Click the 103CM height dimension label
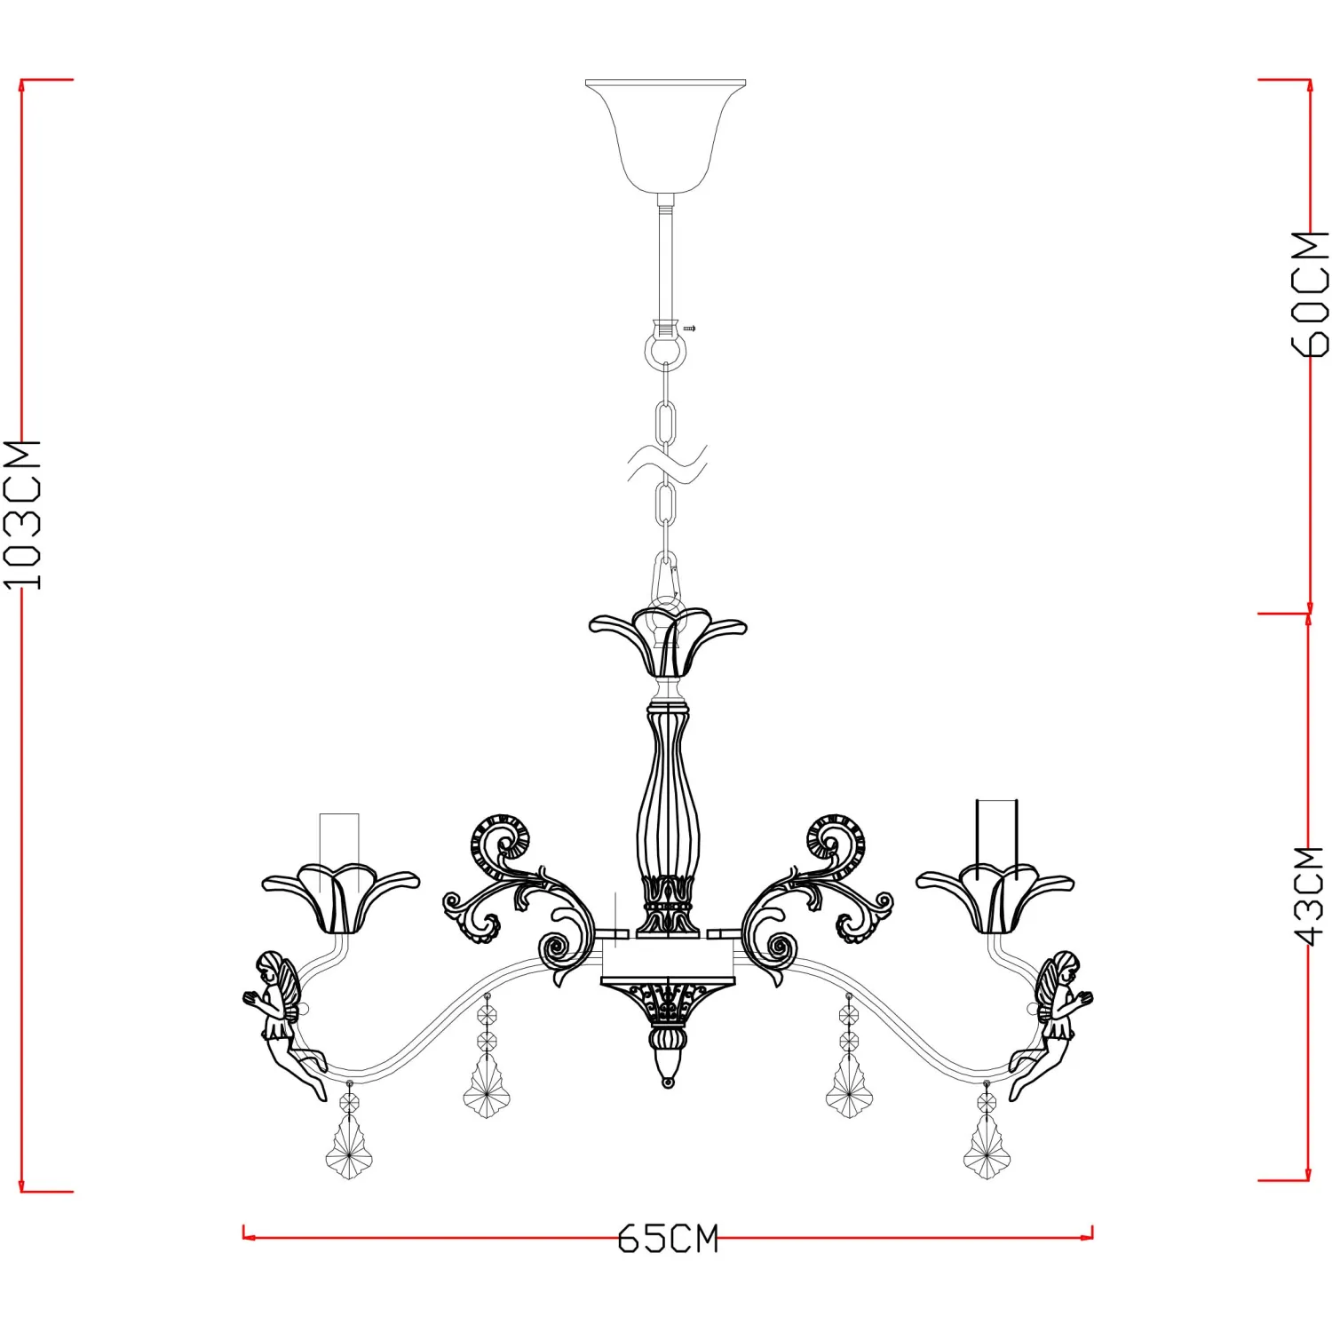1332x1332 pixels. click(22, 514)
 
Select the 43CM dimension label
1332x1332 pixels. click(1309, 895)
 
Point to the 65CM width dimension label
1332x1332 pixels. click(668, 1239)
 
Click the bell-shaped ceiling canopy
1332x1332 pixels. click(666, 135)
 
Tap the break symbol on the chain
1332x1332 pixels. click(667, 464)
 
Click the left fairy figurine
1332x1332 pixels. click(282, 1021)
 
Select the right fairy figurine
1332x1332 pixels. click(1053, 1021)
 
